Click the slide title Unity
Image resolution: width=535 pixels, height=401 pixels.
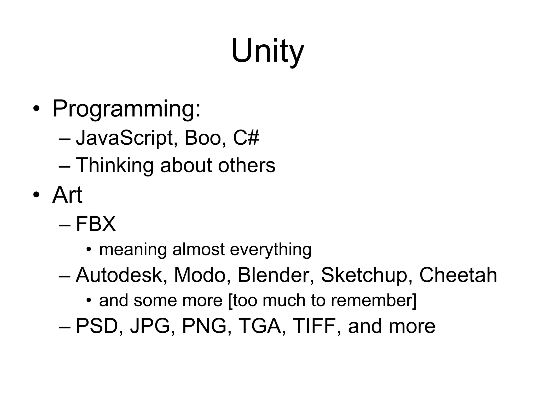coord(267,51)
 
